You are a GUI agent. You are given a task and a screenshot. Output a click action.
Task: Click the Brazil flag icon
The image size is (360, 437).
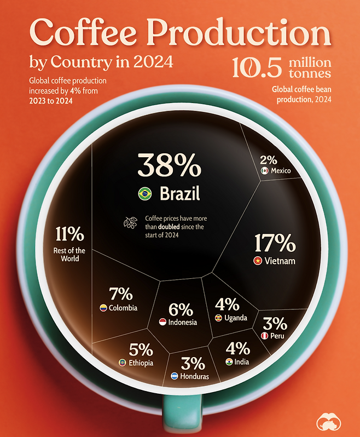pos(145,193)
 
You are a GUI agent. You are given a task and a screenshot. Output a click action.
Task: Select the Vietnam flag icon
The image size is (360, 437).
pos(256,261)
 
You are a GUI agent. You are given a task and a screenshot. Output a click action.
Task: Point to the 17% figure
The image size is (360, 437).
pos(275,243)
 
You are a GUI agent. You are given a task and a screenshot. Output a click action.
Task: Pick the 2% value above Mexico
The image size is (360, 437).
pos(269,160)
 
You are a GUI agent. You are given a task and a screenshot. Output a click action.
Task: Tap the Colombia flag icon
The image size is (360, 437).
pos(102,308)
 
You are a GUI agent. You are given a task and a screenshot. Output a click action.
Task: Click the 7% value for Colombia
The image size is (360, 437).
pos(121,294)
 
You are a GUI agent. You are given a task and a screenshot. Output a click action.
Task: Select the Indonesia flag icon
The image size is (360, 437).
pos(162,322)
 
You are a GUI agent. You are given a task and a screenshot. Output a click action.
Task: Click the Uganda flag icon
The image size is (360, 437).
pos(218,318)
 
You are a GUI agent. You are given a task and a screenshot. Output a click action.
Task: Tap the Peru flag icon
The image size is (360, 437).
pos(264,335)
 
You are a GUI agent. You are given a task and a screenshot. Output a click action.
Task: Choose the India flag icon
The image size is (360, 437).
pos(228,361)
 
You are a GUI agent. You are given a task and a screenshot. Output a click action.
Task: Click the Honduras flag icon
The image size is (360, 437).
pos(173,376)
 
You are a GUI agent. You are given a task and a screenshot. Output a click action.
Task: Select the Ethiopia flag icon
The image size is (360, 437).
pos(122,363)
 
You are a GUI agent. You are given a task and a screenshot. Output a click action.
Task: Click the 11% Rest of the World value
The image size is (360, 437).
pos(69,235)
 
